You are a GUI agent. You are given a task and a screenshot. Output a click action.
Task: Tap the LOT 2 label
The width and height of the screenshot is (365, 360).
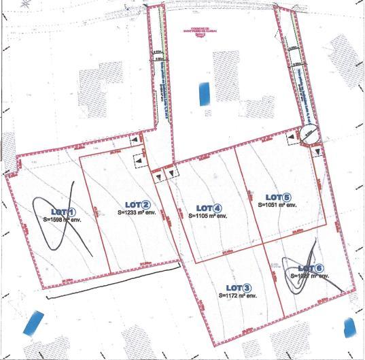138,204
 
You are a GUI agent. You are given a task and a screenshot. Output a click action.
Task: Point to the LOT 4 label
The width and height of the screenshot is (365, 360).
209,208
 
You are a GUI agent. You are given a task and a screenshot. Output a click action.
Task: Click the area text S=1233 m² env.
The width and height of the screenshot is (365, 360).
138,212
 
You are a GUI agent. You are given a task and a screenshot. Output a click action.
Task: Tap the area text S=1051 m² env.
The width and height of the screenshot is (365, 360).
277,205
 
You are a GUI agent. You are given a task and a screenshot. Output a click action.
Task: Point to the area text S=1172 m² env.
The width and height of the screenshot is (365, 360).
238,296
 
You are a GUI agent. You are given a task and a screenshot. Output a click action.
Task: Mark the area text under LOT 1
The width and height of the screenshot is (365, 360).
62,220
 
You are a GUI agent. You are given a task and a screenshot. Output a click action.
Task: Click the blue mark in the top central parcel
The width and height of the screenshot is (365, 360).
203,93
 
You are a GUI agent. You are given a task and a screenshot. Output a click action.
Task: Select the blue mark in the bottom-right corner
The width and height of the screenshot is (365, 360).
351,329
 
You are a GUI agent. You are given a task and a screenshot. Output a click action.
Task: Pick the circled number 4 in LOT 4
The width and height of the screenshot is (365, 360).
218,208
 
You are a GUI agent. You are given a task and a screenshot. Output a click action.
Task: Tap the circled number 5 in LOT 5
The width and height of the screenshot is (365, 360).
287,197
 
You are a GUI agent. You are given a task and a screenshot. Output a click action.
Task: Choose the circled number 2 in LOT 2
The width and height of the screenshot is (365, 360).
147,204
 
